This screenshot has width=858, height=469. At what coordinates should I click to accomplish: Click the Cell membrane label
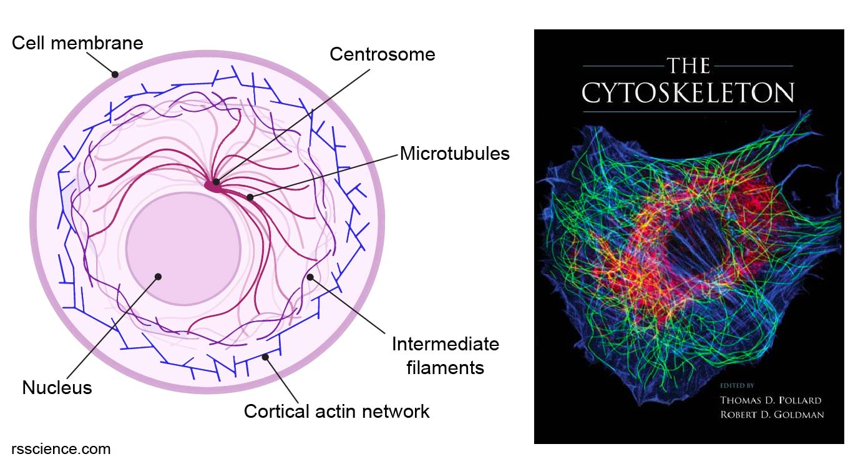click(x=77, y=43)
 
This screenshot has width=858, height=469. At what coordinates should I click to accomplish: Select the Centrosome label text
click(x=382, y=54)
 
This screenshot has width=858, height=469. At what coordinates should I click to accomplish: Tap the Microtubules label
click(x=454, y=153)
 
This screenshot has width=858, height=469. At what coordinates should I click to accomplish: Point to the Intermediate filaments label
click(x=445, y=355)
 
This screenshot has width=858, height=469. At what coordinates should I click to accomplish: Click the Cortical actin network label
click(x=336, y=412)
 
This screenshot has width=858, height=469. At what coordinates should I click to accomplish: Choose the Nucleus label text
click(x=57, y=388)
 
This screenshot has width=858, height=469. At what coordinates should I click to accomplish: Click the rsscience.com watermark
click(x=61, y=448)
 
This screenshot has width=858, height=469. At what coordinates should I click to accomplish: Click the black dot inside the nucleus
click(x=158, y=276)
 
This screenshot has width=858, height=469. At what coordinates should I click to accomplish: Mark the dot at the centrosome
click(x=216, y=182)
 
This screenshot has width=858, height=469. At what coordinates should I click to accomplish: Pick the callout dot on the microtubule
click(x=250, y=197)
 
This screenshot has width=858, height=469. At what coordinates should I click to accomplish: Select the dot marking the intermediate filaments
click(x=310, y=276)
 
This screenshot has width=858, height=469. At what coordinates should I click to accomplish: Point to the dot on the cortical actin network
click(x=266, y=357)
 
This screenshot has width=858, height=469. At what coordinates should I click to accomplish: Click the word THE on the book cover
click(x=688, y=66)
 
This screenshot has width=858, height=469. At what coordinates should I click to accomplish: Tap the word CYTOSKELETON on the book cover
click(x=688, y=94)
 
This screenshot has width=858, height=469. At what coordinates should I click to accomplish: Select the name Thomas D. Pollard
click(x=771, y=400)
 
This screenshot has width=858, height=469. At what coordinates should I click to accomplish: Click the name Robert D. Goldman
click(x=772, y=415)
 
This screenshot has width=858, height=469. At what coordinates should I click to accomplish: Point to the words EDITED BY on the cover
click(x=736, y=385)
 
